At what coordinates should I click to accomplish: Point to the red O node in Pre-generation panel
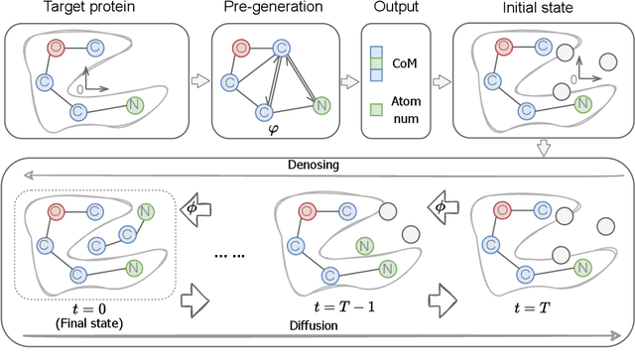point(239,47)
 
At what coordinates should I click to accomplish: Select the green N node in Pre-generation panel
point(318,104)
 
